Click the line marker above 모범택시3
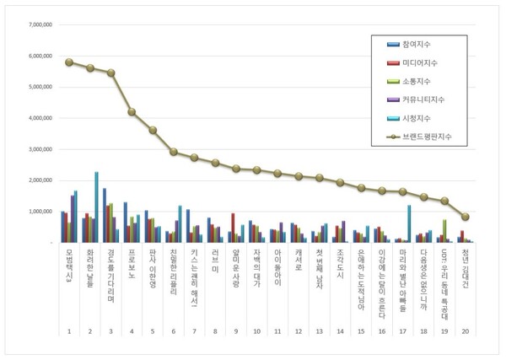[x=69, y=62]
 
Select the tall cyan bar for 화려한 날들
[x=96, y=207]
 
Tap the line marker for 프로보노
[x=132, y=112]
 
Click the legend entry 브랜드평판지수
[x=419, y=134]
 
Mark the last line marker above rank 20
[x=466, y=217]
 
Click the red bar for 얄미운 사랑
[x=233, y=228]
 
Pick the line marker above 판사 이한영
[x=153, y=131]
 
